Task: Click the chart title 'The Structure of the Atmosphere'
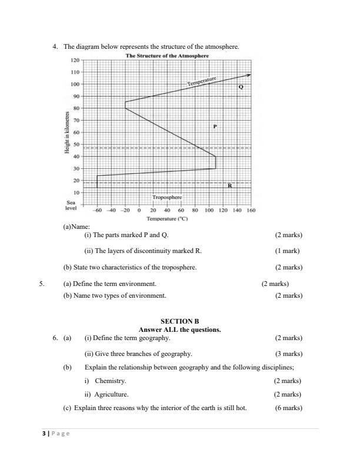click(x=167, y=56)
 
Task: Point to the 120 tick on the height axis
click(x=75, y=61)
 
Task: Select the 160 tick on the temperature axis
click(x=251, y=210)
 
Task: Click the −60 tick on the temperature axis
click(x=97, y=210)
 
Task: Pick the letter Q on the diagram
click(x=240, y=86)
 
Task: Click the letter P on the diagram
click(x=215, y=127)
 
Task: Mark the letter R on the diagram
click(x=230, y=185)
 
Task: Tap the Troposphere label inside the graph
click(x=167, y=198)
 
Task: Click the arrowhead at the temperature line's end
click(x=249, y=75)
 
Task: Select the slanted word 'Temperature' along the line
click(x=202, y=81)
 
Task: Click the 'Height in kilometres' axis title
click(x=69, y=133)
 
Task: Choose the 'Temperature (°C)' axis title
click(x=167, y=218)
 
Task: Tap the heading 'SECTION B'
click(x=180, y=321)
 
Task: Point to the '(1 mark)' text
click(x=288, y=251)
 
